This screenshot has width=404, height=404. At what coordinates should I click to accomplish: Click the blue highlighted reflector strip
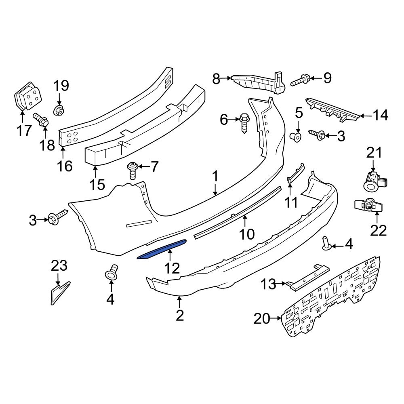coord(162,249)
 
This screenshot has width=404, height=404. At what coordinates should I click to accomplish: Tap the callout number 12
coord(172,269)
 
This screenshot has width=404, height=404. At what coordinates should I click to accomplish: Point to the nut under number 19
coord(59,111)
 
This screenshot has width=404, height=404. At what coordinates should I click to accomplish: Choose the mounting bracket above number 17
coord(27,97)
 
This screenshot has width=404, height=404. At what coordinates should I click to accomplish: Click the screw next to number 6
coord(244,123)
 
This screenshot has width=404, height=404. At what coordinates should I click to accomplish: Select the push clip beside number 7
coord(133,170)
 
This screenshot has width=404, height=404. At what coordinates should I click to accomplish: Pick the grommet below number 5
coord(296,137)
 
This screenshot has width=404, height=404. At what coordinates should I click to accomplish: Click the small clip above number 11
coord(296,173)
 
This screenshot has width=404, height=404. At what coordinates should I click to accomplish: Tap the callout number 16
coord(65,166)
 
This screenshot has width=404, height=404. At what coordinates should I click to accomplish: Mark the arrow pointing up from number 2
coord(180,302)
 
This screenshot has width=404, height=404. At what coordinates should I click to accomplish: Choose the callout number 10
coord(246,234)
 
